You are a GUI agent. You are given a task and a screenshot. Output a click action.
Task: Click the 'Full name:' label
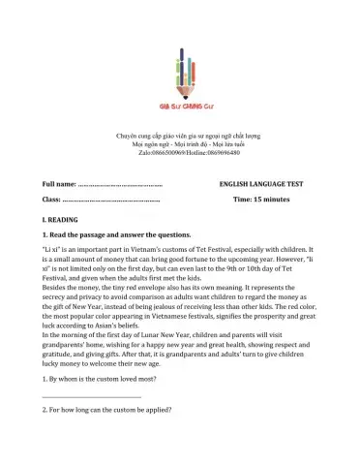[x=59, y=183]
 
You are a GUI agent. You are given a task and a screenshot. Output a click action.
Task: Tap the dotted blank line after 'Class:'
[x=111, y=199]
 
